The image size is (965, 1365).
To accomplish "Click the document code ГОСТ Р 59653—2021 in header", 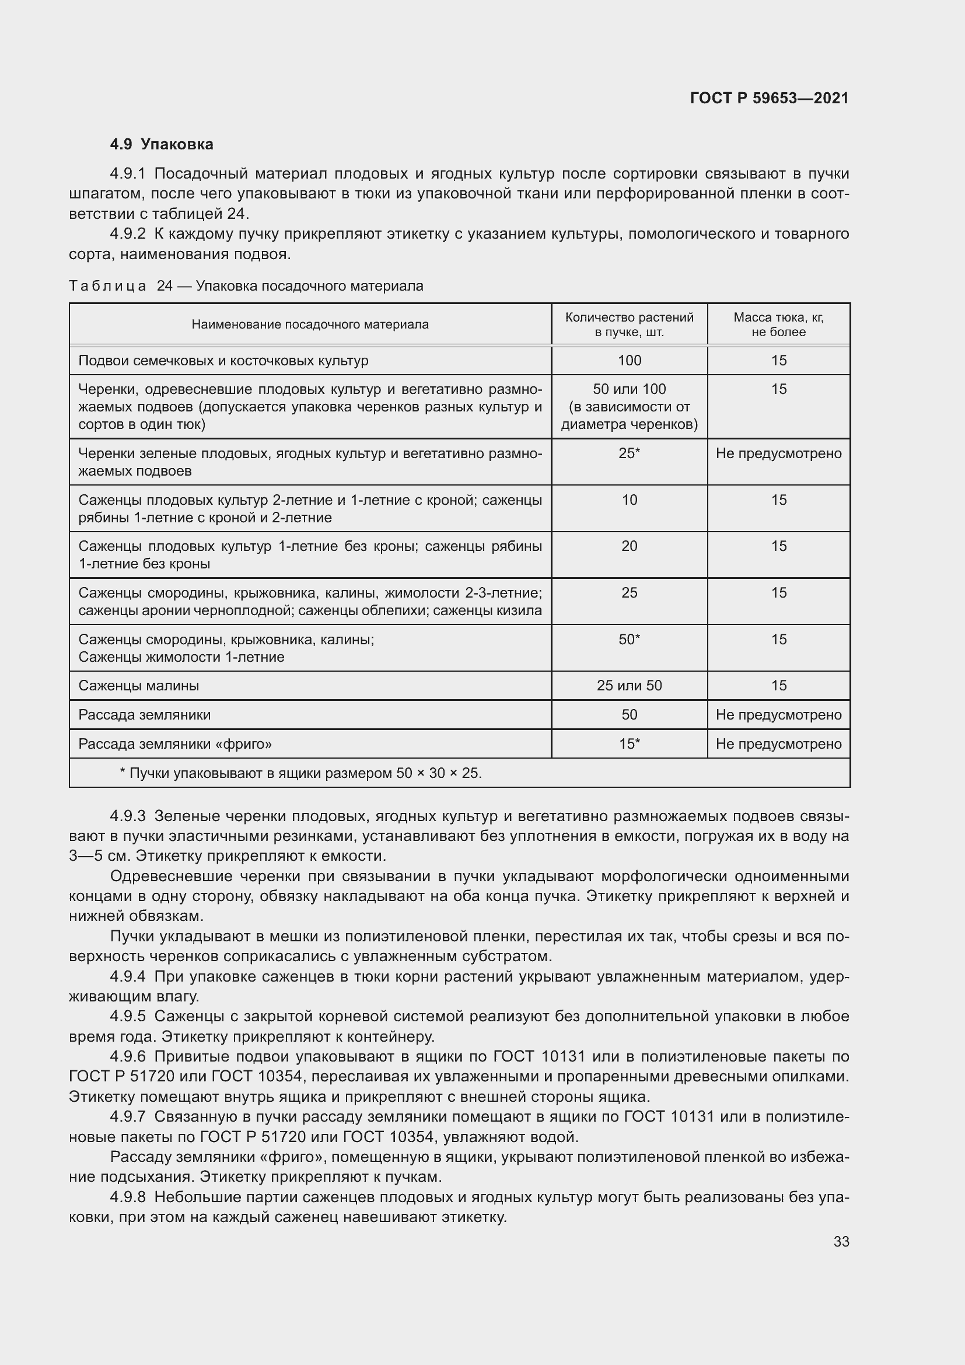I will pyautogui.click(x=769, y=98).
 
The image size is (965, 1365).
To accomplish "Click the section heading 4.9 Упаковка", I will pyautogui.click(x=162, y=145).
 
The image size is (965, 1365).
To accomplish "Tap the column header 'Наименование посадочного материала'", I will pyautogui.click(x=310, y=324).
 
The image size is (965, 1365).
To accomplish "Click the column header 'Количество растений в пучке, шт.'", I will pyautogui.click(x=629, y=324).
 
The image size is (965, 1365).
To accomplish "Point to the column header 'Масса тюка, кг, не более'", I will pyautogui.click(x=778, y=324).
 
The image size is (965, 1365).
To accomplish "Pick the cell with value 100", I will pyautogui.click(x=629, y=360).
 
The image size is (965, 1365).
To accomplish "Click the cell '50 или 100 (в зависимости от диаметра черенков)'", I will pyautogui.click(x=629, y=407).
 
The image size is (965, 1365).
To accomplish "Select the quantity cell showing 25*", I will pyautogui.click(x=629, y=453).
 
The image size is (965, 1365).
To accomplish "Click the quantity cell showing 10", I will pyautogui.click(x=629, y=500).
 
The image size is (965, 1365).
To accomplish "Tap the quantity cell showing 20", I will pyautogui.click(x=629, y=546).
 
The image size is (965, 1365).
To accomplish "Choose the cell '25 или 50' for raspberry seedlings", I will pyautogui.click(x=629, y=686).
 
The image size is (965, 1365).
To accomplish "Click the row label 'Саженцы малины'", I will pyautogui.click(x=138, y=686).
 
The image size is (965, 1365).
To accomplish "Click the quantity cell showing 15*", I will pyautogui.click(x=629, y=743).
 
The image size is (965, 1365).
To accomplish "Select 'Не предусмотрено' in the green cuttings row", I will pyautogui.click(x=778, y=453).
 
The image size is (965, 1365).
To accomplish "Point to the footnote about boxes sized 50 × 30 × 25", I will pyautogui.click(x=300, y=773).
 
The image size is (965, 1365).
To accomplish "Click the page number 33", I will pyautogui.click(x=841, y=1242).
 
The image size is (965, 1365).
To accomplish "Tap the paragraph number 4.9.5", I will pyautogui.click(x=128, y=1016).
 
